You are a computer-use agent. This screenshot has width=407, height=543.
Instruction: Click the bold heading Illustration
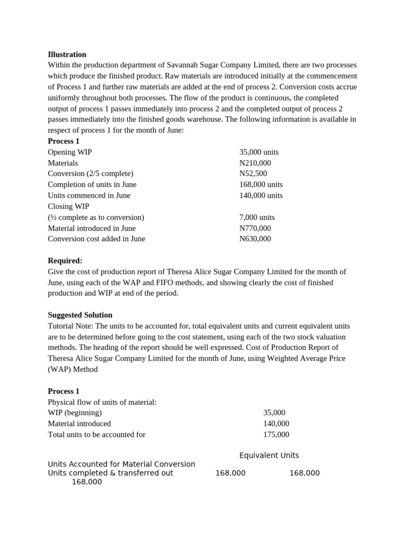[x=67, y=54]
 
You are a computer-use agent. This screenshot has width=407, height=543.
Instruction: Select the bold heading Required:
[x=65, y=260]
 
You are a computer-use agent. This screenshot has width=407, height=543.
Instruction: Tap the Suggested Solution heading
[x=80, y=315]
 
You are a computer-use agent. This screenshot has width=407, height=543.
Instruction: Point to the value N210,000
[x=255, y=163]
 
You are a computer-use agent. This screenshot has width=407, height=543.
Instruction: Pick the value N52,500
[x=253, y=173]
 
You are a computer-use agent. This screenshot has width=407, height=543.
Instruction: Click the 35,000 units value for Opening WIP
[x=259, y=152]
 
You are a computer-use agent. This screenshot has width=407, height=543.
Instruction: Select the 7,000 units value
[x=257, y=217]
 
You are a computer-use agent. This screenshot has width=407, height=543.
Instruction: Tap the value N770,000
[x=255, y=228]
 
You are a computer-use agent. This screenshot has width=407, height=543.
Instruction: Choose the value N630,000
[x=255, y=239]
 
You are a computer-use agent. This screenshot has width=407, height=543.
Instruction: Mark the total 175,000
[x=276, y=434]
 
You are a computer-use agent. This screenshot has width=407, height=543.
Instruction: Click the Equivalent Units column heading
[x=269, y=456]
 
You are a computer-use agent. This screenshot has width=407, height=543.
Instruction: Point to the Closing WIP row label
[x=68, y=206]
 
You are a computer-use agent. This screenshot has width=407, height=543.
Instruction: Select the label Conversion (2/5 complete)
[x=91, y=173]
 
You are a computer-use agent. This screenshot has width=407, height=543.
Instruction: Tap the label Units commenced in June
[x=89, y=195]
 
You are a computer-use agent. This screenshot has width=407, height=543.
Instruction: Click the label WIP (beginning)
[x=75, y=413]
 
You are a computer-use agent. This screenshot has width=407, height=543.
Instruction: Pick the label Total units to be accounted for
[x=96, y=434]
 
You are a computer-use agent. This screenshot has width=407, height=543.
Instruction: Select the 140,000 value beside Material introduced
[x=276, y=424]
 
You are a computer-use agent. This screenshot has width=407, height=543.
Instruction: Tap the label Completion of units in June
[x=92, y=185]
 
